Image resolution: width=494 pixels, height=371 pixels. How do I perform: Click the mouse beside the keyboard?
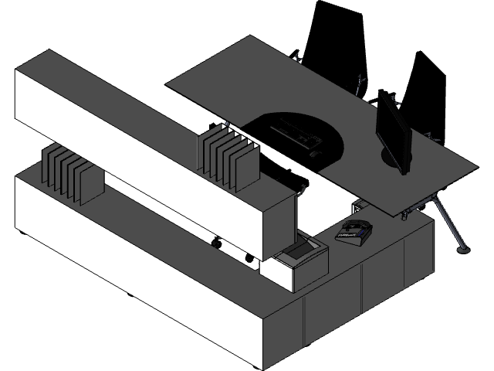[x=315, y=154]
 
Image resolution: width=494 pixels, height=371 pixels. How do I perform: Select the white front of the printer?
[x=278, y=275]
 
